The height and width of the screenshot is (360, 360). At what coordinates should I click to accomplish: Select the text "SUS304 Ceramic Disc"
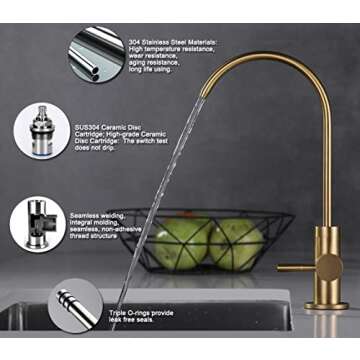111,129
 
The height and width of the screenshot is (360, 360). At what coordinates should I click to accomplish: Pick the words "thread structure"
99,241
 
